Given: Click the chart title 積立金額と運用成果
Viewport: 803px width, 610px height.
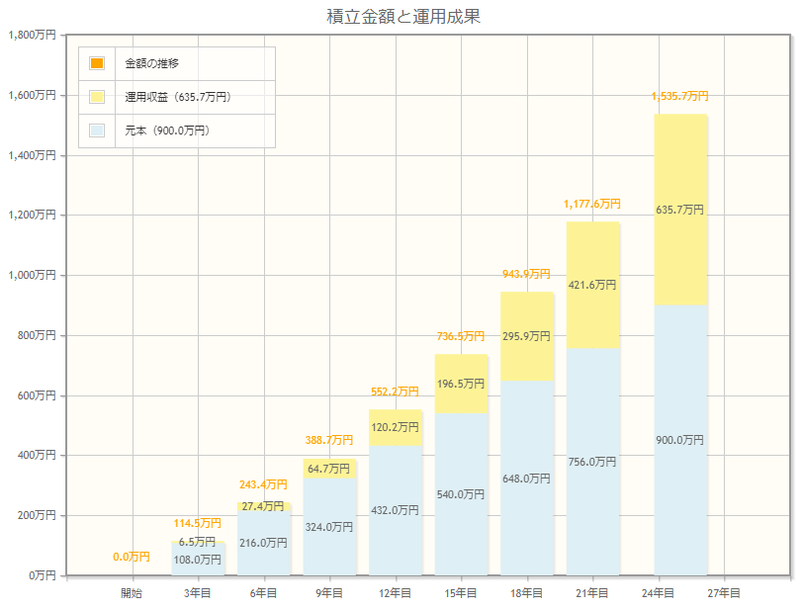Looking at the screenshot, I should click(402, 16).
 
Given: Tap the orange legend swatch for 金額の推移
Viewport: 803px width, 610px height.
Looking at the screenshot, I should click(96, 63).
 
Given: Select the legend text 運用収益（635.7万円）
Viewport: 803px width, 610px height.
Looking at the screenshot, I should click(178, 97).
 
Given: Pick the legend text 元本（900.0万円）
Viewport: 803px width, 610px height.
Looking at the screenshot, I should click(167, 131).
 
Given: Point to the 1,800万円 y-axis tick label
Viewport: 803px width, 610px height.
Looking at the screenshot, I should click(32, 36).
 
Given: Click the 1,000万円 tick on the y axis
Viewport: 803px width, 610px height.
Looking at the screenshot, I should click(32, 276).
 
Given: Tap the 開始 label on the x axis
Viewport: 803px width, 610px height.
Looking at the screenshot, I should click(132, 593).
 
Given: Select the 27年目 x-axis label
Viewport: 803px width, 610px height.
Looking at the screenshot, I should click(724, 593).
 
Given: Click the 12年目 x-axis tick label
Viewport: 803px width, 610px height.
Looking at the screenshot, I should click(395, 593).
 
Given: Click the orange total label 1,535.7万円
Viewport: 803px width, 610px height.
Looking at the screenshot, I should click(680, 96).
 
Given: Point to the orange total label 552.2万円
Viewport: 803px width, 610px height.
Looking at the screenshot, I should click(395, 392).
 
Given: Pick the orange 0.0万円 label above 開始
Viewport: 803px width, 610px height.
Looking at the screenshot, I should click(132, 557).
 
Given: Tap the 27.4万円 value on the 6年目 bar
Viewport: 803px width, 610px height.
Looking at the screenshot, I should click(263, 506).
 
